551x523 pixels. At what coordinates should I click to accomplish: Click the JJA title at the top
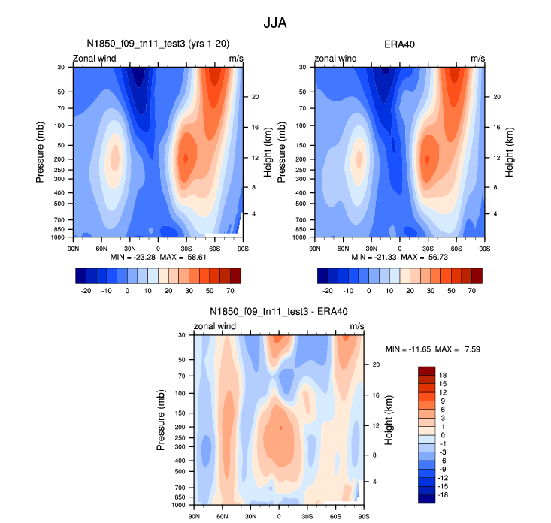tap(274, 23)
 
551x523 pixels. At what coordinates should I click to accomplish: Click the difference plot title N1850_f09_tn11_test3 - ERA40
tap(279, 311)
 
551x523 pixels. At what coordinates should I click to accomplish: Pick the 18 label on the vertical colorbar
tap(443, 375)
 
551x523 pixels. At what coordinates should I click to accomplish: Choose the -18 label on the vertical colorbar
tap(443, 496)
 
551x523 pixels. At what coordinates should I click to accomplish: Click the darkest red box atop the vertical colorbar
tap(426, 370)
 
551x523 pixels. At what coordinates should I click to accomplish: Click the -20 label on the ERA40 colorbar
tap(328, 289)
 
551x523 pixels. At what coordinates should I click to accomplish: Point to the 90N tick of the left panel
tap(74, 247)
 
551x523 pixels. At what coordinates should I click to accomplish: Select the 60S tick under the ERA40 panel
tap(456, 247)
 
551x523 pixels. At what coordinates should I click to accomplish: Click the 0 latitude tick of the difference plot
tap(279, 515)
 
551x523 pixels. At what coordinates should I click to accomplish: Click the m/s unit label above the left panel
tap(236, 59)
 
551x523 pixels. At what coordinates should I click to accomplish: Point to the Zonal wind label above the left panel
tap(93, 59)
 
